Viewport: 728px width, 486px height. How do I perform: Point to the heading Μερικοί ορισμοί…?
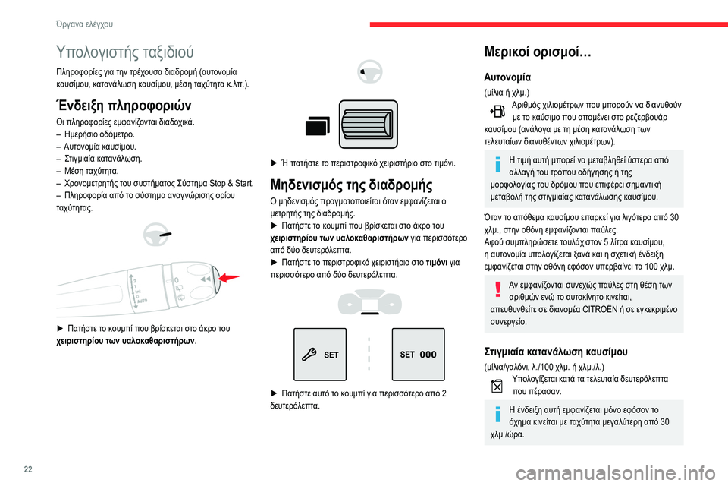point(533,53)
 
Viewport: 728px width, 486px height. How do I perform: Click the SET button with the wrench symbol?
point(320,354)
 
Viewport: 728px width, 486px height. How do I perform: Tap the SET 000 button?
point(418,354)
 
